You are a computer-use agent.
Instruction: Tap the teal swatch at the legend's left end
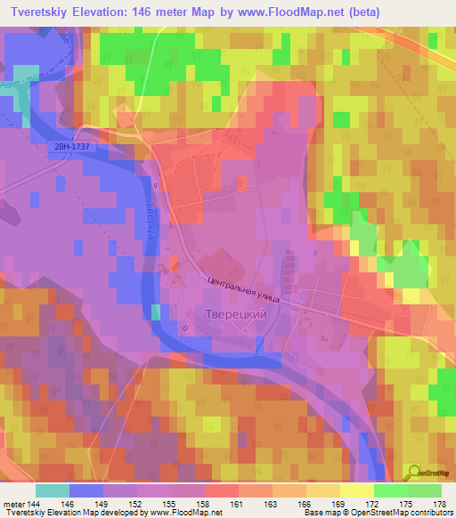click(x=53, y=490)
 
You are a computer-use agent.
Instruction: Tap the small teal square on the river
click(x=156, y=311)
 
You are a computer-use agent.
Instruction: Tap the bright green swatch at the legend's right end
click(x=424, y=490)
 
